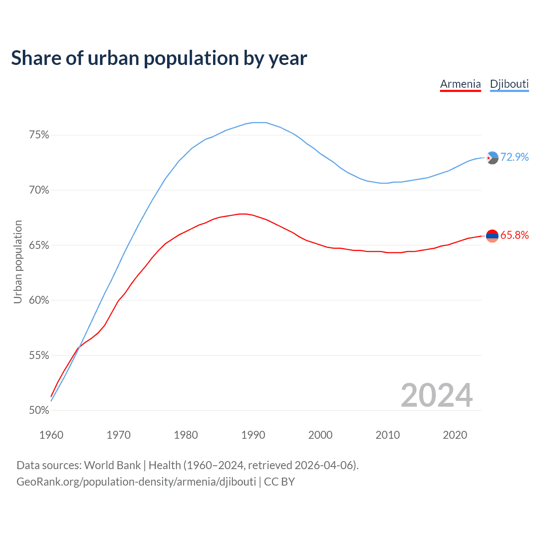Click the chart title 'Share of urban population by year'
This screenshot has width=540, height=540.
[159, 58]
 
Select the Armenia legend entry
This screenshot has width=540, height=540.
[460, 84]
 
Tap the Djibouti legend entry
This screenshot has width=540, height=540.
[509, 84]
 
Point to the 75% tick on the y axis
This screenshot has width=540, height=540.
[39, 135]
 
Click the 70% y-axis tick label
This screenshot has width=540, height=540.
[39, 190]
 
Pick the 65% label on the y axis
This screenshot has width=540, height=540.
[39, 246]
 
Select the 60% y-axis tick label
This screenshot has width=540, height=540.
[39, 300]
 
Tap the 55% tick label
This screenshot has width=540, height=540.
[39, 356]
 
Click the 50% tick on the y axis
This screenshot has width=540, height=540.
[39, 410]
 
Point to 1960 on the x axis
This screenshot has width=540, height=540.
[51, 435]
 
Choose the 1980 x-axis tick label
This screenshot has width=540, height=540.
[186, 435]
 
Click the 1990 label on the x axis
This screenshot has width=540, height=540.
[253, 435]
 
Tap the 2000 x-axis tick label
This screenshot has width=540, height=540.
[321, 435]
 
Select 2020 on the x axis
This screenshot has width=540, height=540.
[455, 435]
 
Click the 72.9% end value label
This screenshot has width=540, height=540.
[514, 157]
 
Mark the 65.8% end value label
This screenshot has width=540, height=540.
[514, 235]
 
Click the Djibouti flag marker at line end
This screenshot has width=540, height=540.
[492, 158]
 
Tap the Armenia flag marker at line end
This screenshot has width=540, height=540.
[492, 236]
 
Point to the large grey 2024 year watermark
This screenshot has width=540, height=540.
[437, 395]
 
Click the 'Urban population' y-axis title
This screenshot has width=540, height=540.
[18, 262]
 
